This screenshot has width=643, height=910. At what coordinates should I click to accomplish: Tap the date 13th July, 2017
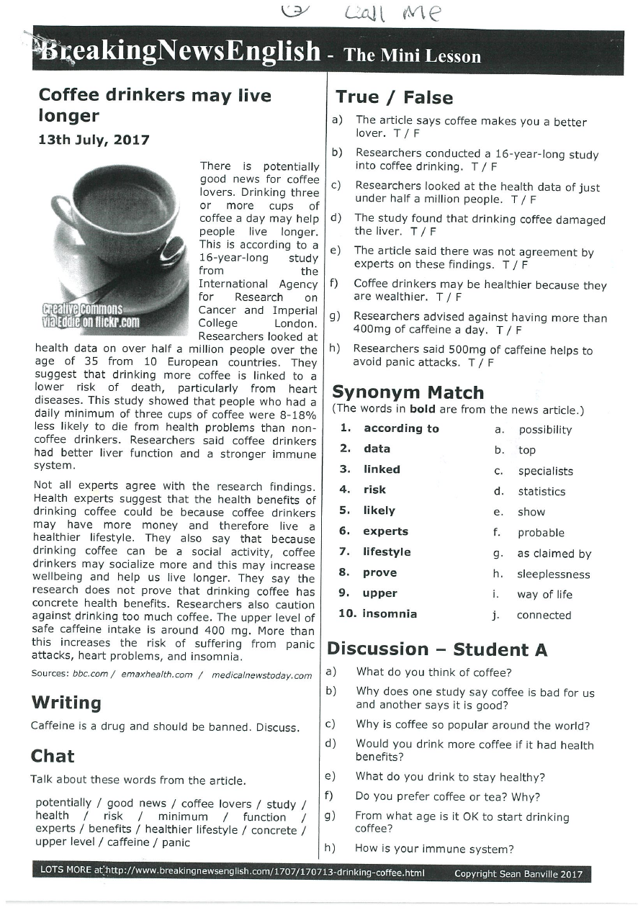[x=94, y=140]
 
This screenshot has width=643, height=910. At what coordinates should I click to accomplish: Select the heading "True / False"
[x=394, y=98]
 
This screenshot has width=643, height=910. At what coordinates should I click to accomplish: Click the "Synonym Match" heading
[x=408, y=392]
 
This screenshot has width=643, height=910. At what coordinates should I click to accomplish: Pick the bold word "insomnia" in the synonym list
[x=390, y=614]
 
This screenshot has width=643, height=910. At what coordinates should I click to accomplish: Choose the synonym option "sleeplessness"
[x=553, y=575]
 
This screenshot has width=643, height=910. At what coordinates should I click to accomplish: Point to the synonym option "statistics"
[x=541, y=492]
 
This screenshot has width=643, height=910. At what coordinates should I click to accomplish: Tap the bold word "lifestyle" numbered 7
[x=387, y=551]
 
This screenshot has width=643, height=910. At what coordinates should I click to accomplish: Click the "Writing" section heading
[x=66, y=702]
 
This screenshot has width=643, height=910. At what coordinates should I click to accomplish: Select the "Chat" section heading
[x=53, y=756]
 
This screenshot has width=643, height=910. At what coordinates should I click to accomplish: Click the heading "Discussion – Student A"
[x=437, y=649]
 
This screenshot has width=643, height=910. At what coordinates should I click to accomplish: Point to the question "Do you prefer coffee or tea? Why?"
[x=447, y=797]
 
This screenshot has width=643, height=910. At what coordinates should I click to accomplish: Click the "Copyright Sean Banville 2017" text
[x=518, y=874]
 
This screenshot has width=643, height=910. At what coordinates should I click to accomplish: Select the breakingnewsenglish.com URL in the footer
[x=265, y=873]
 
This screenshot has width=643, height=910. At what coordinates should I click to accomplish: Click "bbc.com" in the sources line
[x=90, y=675]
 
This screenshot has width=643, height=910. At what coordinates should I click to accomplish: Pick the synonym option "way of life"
[x=544, y=595]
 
